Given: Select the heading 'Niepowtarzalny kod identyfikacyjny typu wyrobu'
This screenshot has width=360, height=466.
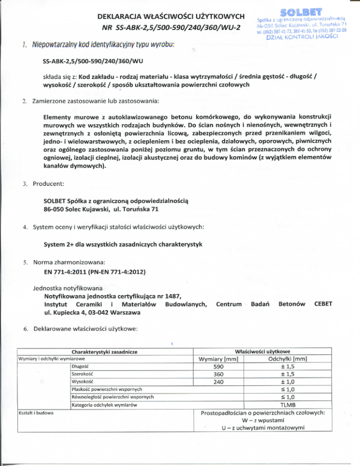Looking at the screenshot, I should [x=100, y=45].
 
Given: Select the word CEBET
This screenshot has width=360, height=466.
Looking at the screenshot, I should [x=323, y=305].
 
